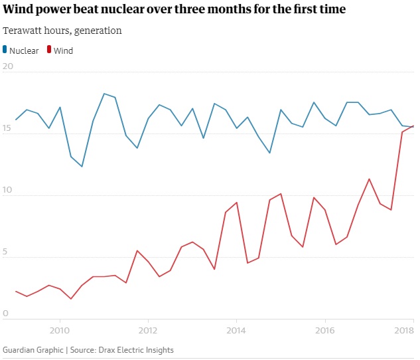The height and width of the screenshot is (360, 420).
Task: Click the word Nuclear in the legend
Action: (24, 50)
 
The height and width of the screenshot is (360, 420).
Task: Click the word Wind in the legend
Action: (63, 50)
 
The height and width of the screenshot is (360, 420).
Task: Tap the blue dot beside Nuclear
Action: (5, 50)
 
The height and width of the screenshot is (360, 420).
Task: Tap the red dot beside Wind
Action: (48, 50)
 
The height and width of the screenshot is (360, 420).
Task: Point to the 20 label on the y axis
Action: (8, 66)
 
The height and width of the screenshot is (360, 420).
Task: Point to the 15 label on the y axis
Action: (8, 128)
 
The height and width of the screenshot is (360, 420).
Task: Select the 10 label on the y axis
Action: (8, 190)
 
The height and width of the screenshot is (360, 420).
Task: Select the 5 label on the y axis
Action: (5, 252)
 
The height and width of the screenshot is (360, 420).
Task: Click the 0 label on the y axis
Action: (5, 314)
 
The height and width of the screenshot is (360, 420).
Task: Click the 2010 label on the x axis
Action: (60, 329)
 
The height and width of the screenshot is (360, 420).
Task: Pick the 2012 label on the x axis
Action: (148, 329)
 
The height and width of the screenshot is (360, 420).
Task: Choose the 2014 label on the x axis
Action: (236, 329)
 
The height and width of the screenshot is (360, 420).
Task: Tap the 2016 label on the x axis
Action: (324, 329)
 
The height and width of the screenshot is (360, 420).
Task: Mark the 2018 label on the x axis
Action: (404, 329)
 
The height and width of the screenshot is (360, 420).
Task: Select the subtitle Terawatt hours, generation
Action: (62, 31)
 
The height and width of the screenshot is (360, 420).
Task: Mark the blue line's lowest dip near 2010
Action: (82, 167)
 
